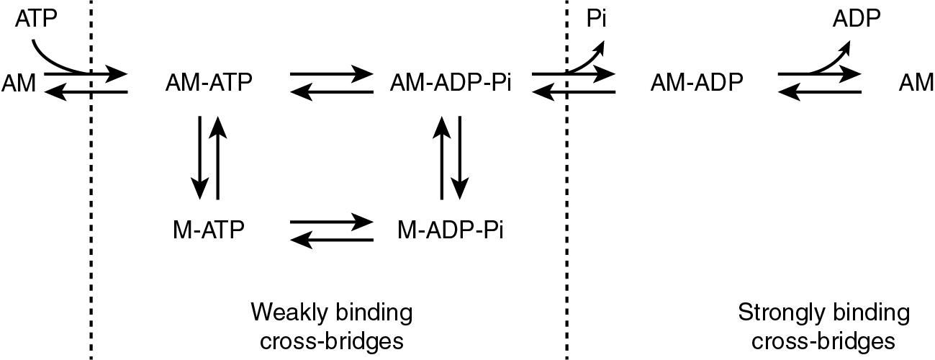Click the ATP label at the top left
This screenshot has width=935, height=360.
(35, 19)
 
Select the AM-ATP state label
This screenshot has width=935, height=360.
(209, 84)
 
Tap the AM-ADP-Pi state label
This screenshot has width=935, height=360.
(451, 84)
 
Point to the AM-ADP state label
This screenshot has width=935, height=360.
(696, 84)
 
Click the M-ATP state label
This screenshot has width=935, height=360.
(209, 230)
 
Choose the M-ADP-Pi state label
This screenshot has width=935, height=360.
(451, 230)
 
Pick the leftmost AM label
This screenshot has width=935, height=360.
(19, 84)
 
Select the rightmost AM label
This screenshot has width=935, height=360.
(916, 84)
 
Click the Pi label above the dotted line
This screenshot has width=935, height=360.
(596, 19)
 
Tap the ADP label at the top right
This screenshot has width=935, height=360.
(856, 19)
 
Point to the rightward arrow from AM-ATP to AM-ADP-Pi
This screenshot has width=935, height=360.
(331, 73)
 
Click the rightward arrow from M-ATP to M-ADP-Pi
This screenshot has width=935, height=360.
(331, 221)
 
